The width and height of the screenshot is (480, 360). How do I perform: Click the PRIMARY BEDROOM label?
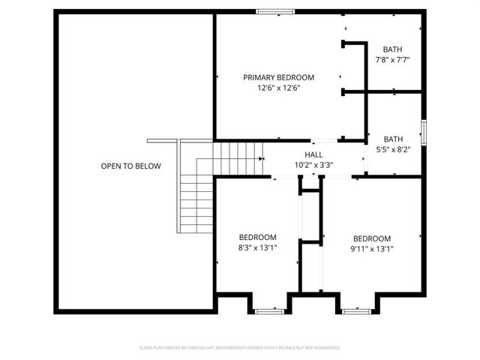pyautogui.click(x=278, y=77)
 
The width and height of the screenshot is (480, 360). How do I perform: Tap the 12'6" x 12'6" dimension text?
pyautogui.click(x=278, y=88)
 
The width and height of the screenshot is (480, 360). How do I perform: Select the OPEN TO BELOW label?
pyautogui.click(x=130, y=166)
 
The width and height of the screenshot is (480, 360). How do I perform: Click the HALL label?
pyautogui.click(x=313, y=154)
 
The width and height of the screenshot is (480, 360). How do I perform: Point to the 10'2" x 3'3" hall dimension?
pyautogui.click(x=313, y=165)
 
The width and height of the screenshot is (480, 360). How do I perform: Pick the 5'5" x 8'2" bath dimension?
pyautogui.click(x=393, y=149)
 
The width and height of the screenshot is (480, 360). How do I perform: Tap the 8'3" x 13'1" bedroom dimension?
pyautogui.click(x=258, y=248)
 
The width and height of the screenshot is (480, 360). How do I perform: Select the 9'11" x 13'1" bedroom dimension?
pyautogui.click(x=372, y=249)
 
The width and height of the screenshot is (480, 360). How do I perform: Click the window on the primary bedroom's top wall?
pyautogui.click(x=271, y=11)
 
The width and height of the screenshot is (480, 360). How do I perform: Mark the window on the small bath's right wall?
pyautogui.click(x=424, y=133)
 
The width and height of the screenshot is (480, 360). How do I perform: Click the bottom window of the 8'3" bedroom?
pyautogui.click(x=269, y=310)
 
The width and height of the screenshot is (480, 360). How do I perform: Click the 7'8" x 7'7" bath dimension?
pyautogui.click(x=392, y=59)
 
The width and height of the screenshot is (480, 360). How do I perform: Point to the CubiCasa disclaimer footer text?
pyautogui.click(x=240, y=347)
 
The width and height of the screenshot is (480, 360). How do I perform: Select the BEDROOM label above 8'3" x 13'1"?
pyautogui.click(x=258, y=237)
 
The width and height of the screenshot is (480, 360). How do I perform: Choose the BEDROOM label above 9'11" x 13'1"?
pyautogui.click(x=372, y=238)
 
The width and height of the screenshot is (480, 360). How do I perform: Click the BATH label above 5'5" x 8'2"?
pyautogui.click(x=393, y=139)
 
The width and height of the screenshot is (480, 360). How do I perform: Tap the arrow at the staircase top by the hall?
pyautogui.click(x=262, y=159)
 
